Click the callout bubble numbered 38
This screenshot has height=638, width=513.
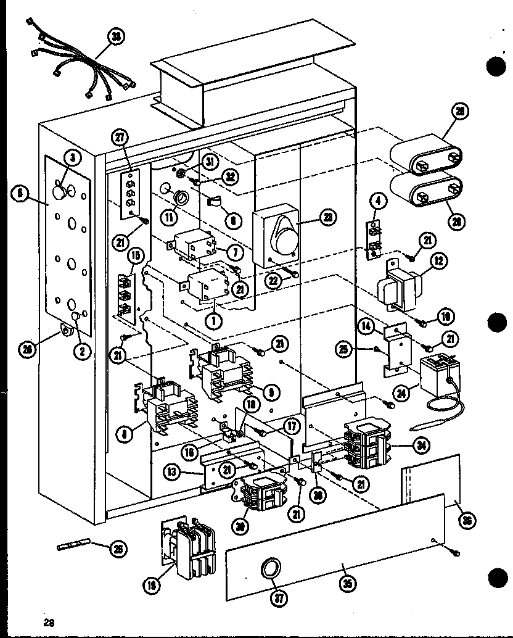click(116, 37)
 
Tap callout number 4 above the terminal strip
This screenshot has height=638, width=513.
click(377, 202)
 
